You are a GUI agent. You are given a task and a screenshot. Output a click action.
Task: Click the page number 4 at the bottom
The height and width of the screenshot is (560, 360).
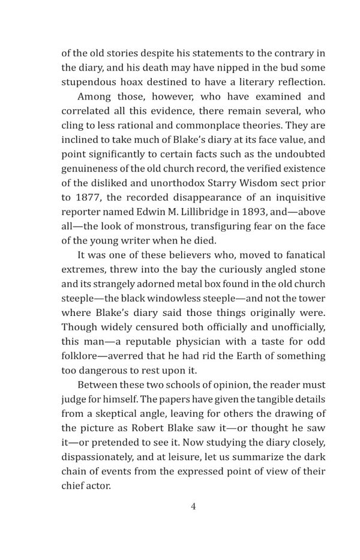point(193,506)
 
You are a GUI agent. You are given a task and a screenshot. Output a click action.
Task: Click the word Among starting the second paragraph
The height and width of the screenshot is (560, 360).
point(95,96)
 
